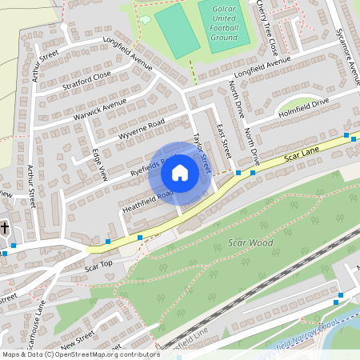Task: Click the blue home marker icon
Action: [180, 173]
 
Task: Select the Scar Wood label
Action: [250, 242]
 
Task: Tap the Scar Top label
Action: [99, 264]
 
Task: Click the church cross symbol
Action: [5, 228]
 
